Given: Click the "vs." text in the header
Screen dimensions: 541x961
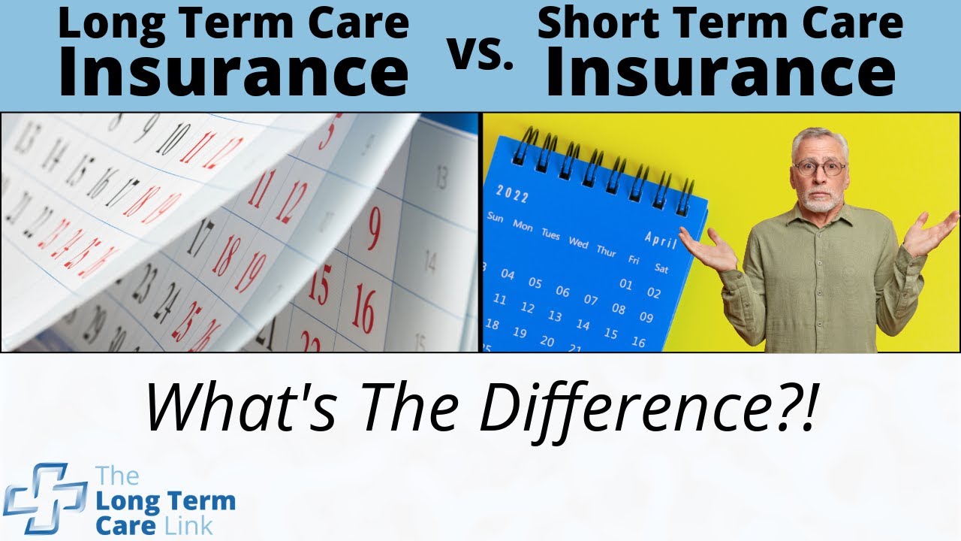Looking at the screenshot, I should [x=481, y=54].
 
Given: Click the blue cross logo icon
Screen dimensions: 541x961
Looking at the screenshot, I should [x=45, y=497].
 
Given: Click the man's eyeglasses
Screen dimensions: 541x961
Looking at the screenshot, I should [x=820, y=168].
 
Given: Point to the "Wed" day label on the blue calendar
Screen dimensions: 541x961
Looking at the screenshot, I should [x=578, y=242].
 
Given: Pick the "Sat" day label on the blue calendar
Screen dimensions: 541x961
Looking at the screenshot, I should [x=661, y=267].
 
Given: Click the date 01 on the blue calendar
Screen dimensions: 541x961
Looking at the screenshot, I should [x=626, y=284].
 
